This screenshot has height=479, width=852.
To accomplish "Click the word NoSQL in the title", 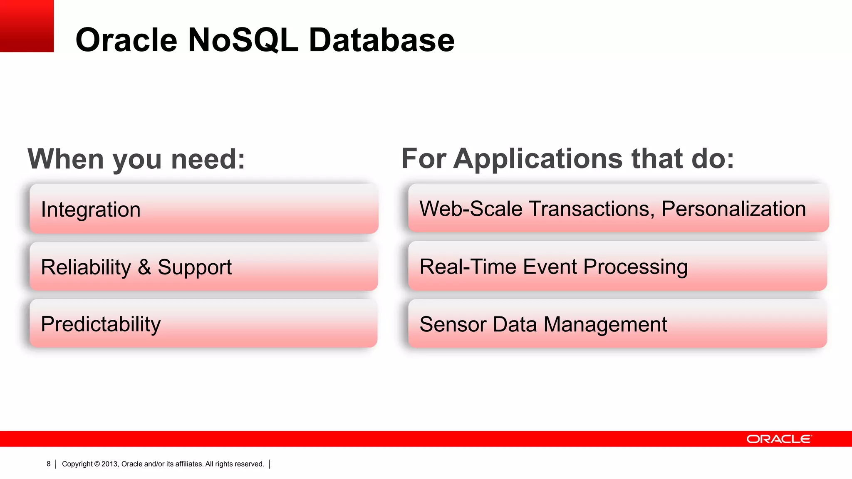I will click(x=243, y=40).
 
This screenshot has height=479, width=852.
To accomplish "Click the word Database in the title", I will click(x=381, y=40).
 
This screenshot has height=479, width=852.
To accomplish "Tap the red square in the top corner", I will click(x=27, y=26).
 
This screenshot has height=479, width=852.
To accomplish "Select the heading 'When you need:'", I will click(x=136, y=159).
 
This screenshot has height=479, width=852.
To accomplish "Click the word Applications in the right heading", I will click(x=538, y=159).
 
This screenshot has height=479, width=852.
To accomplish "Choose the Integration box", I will click(x=204, y=209).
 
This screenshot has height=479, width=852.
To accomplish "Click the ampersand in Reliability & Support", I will click(x=144, y=267).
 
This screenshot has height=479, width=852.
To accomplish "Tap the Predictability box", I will click(x=204, y=324).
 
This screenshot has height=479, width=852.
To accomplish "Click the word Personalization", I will click(x=733, y=209).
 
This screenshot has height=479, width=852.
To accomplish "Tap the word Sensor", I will click(x=453, y=324).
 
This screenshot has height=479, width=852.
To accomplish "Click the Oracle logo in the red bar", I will click(x=779, y=439).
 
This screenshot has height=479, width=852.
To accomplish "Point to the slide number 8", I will click(x=49, y=464).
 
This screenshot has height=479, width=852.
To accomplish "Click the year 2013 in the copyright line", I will click(x=110, y=464).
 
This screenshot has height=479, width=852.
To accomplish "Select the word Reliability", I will click(x=86, y=267).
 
